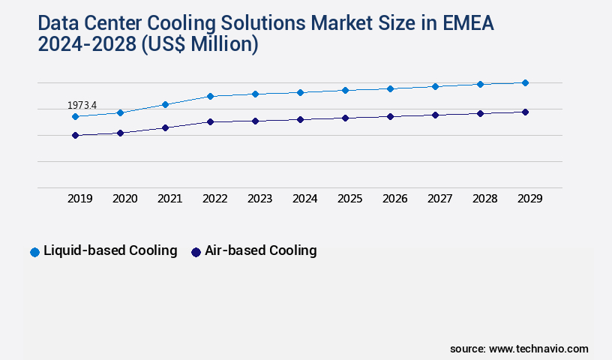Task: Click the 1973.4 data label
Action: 82,106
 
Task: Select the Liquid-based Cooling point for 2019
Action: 75,117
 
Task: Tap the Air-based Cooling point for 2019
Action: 75,135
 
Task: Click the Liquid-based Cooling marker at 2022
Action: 210,96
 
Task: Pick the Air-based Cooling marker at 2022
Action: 210,121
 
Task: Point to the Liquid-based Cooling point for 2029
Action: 525,82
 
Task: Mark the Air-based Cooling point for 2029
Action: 525,112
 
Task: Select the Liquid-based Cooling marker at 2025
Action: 345,90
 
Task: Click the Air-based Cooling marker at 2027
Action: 435,115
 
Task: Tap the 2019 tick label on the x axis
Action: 80,199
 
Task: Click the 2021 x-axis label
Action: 170,199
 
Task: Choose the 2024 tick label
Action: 305,199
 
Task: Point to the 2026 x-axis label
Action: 395,199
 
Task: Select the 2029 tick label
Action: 529,199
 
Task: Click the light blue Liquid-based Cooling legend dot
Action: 34,252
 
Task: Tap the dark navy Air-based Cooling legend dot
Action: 196,252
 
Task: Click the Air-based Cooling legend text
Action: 261,250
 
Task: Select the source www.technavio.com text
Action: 519,349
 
